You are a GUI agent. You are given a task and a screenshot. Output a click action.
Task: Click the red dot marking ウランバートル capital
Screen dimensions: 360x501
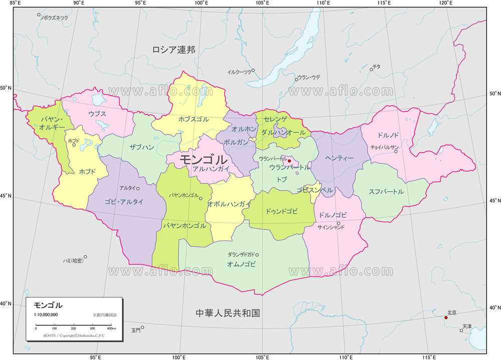point(289,161)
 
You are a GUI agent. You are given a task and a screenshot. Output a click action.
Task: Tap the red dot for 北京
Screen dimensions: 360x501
point(446,317)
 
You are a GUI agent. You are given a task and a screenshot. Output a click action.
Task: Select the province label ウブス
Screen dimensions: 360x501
point(97,114)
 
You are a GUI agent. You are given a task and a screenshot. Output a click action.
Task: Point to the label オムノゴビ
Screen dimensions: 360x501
point(241,264)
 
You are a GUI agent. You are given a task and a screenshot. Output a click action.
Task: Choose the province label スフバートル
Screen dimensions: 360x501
point(386,192)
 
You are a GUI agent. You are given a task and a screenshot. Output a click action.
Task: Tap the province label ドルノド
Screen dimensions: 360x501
point(388,135)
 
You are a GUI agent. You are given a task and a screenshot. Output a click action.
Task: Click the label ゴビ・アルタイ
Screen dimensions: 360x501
point(124,202)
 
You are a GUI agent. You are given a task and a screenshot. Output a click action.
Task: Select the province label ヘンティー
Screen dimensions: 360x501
point(340,158)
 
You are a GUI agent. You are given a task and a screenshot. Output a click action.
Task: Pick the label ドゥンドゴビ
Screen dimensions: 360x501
point(282,211)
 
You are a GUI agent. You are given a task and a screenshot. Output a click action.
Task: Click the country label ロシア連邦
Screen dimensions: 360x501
point(174,49)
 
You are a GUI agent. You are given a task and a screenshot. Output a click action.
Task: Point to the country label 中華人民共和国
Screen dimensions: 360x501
point(228,313)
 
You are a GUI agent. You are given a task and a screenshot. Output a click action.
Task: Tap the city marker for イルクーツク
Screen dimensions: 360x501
point(253,70)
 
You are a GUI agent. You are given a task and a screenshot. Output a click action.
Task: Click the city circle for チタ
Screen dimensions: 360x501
point(371,69)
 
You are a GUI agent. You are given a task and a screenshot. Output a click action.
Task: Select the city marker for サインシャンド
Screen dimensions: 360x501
point(339,223)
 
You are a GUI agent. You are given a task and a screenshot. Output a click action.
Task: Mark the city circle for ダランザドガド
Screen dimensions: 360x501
point(258,254)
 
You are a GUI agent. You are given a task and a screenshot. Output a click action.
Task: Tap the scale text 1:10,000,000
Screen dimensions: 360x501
point(46,314)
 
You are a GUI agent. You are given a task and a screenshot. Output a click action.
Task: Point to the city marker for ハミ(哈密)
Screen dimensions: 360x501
point(85,257)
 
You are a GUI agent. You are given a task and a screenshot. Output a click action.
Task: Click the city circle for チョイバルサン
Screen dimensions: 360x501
point(396,151)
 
